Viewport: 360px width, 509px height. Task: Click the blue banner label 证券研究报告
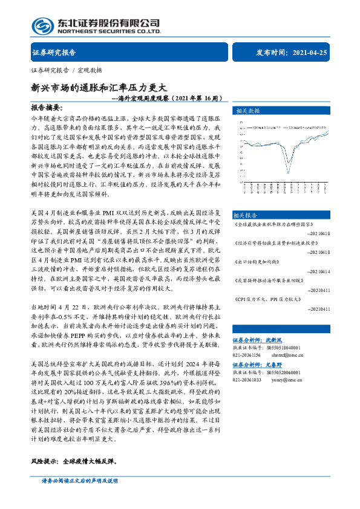[54, 53]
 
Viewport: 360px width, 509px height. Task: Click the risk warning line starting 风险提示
[73, 461]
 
